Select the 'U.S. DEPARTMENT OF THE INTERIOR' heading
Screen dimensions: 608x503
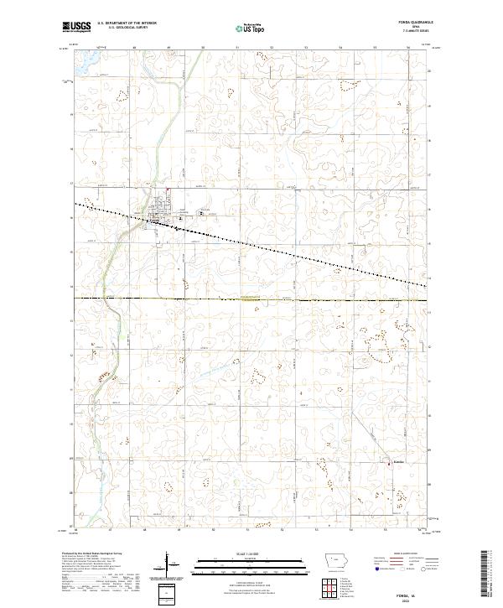tap(127, 23)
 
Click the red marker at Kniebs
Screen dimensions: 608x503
tap(392, 460)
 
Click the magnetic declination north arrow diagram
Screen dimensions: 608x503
tap(168, 571)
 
